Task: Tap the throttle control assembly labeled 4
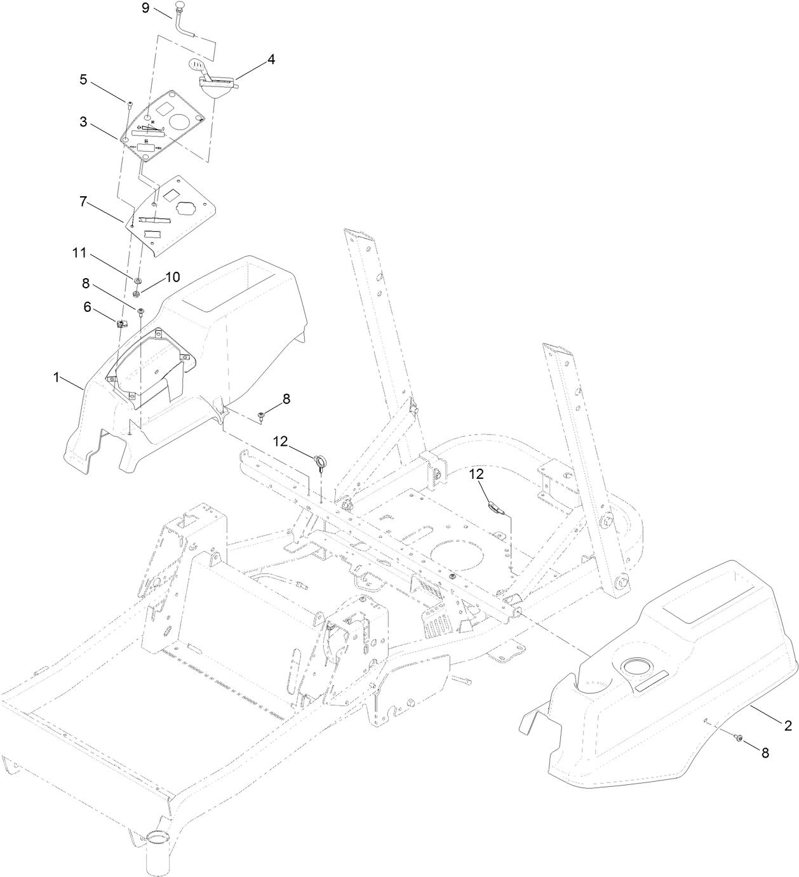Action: tap(218, 83)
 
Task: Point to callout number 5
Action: tap(83, 81)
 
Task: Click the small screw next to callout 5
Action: tap(130, 103)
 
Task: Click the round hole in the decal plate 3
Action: tap(182, 121)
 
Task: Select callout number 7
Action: tap(83, 202)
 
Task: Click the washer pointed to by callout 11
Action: tap(137, 279)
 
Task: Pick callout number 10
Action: tap(173, 277)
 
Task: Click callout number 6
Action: tap(88, 306)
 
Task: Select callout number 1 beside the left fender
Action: tap(57, 377)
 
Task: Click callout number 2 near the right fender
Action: tap(787, 725)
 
